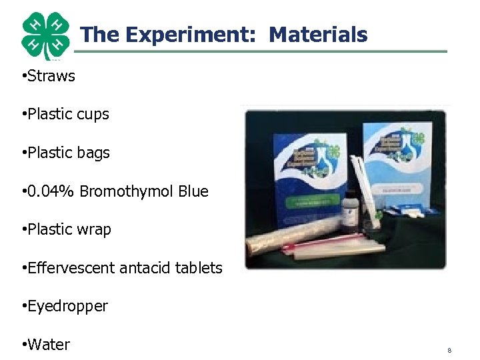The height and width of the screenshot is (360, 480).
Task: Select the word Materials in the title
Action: pos(318,34)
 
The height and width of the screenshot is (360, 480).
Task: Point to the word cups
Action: pos(93,115)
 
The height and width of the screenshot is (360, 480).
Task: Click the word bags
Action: pos(93,153)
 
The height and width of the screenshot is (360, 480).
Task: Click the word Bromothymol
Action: pos(127,191)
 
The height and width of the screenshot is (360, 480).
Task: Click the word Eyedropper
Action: pos(67,306)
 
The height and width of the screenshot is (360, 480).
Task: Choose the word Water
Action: pos(49,345)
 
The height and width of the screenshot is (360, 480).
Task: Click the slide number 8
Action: pos(449,350)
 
